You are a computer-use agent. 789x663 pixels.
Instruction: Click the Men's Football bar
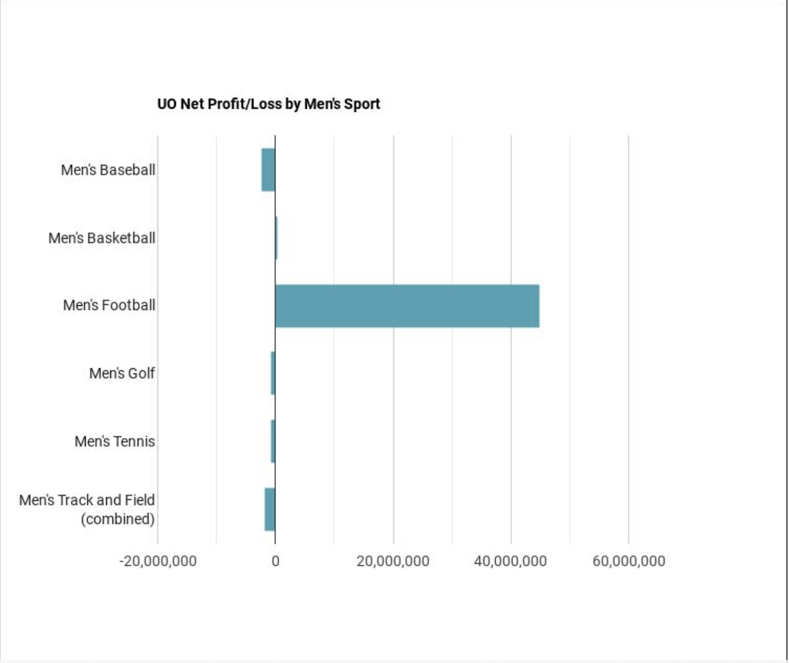point(407,306)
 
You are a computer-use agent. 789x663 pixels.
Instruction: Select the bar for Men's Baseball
point(268,170)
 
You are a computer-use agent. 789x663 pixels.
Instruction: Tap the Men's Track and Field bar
point(270,509)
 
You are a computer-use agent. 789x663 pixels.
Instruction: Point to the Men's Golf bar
point(273,374)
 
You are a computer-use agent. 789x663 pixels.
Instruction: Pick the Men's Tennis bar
point(273,441)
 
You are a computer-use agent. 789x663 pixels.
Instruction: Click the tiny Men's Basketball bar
point(276,238)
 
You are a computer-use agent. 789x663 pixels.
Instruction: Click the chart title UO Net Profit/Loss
point(268,105)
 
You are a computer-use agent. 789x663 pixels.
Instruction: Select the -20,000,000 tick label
point(158,561)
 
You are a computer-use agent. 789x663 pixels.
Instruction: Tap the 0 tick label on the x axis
point(275,561)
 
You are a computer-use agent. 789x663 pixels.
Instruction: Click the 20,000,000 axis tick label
point(393,561)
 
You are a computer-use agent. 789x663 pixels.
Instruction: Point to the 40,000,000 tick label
point(510,561)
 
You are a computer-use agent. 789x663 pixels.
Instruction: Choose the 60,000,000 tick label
point(628,561)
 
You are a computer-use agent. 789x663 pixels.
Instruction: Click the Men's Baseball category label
point(108,170)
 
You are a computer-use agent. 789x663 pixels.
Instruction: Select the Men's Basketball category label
point(102,238)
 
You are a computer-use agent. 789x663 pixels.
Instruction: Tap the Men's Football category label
point(110,305)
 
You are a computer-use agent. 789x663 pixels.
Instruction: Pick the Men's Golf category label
point(122,374)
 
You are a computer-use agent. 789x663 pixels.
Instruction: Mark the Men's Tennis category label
point(115,441)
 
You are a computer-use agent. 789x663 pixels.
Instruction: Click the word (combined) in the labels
point(117,519)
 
